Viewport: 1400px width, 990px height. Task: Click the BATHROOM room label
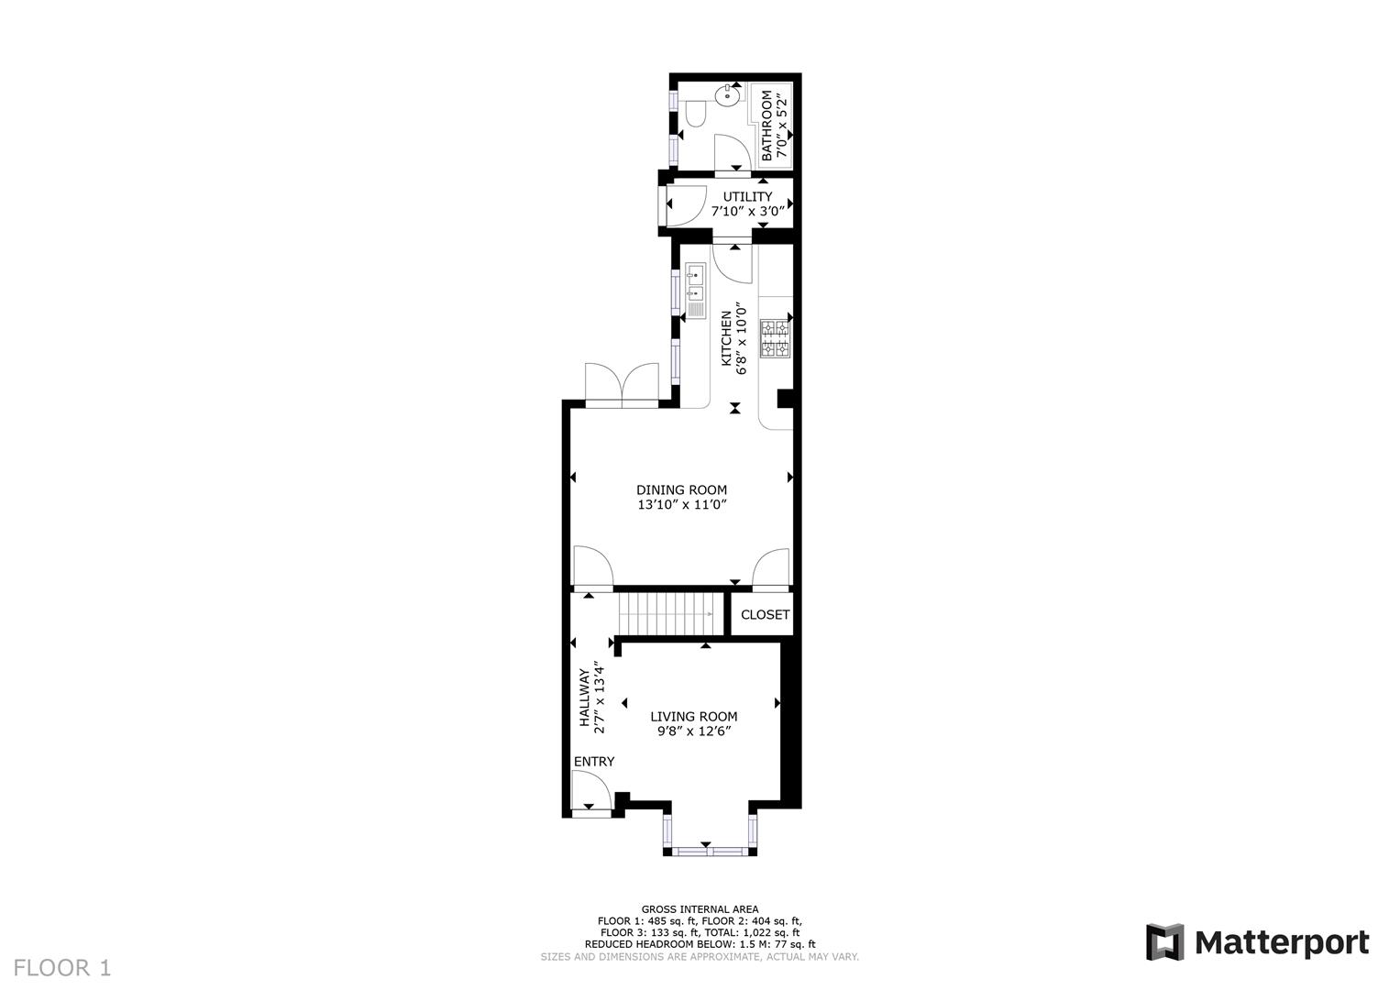(x=766, y=125)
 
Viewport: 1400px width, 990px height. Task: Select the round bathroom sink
(x=731, y=93)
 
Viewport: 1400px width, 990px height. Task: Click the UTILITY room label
(x=747, y=197)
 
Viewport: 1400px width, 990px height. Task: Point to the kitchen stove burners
(x=775, y=337)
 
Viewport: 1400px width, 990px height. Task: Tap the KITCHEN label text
(x=726, y=337)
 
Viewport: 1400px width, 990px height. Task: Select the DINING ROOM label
(x=681, y=490)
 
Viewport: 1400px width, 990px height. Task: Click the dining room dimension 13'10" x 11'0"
(x=681, y=505)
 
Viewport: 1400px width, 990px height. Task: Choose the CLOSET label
(x=765, y=615)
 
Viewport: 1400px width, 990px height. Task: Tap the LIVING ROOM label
(x=693, y=717)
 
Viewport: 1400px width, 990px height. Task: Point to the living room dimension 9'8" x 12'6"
(x=693, y=731)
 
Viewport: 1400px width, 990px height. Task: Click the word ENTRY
(x=594, y=762)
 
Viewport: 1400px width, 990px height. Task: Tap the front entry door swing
(x=589, y=790)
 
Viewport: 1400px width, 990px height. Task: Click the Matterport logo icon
(x=1163, y=942)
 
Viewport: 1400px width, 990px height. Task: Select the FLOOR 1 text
(x=62, y=968)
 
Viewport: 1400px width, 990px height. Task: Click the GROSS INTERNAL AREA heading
(x=700, y=909)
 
